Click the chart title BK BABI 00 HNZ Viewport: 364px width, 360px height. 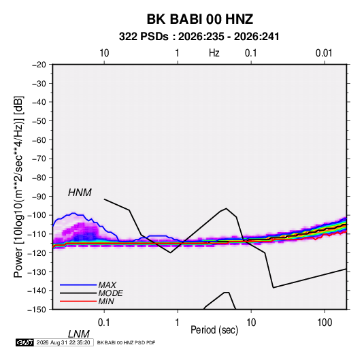click(200, 19)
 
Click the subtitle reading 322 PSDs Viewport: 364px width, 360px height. click(144, 37)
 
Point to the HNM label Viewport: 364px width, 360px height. click(80, 193)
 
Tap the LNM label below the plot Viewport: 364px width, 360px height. click(78, 334)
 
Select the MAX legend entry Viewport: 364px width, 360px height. click(107, 284)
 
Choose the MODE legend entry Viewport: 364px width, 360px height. click(110, 293)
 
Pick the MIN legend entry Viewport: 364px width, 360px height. click(106, 301)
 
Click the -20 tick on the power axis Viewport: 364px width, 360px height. click(39, 65)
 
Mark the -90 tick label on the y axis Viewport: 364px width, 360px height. click(39, 196)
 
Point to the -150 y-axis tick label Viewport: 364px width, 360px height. click(37, 310)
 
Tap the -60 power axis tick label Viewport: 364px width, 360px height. click(39, 140)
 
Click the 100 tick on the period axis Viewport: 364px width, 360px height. click(325, 323)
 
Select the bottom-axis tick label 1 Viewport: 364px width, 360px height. click(178, 323)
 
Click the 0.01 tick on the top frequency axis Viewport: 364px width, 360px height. click(324, 53)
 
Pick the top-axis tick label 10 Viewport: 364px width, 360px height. click(104, 53)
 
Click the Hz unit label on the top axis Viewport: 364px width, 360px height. click(214, 53)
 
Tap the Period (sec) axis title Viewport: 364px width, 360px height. click(214, 330)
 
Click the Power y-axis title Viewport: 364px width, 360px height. click(18, 187)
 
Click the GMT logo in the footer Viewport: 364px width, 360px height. click(25, 342)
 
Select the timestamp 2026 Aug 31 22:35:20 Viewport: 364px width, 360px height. click(63, 342)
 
